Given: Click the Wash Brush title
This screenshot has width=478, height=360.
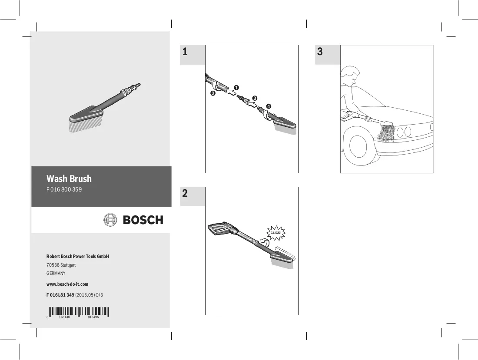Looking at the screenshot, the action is pos(69,178).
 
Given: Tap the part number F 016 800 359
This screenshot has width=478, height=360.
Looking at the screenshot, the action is pos(64,189).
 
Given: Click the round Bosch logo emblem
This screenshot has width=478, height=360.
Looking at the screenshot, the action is pos(110,220).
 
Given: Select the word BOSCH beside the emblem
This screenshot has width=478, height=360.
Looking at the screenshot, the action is pos(143,220).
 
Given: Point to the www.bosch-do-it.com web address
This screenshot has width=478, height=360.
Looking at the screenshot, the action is pos(67,284).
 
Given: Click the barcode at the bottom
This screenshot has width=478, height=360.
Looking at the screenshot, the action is pos(78,312).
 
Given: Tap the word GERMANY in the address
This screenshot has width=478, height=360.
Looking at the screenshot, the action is pos(56,273).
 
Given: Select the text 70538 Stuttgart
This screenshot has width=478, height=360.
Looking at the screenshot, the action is pos(61,265).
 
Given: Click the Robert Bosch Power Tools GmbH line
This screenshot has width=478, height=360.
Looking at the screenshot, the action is pos(77,257).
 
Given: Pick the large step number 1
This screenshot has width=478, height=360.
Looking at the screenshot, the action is pos(185,52).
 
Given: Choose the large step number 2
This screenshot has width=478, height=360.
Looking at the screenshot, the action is pos(185,193).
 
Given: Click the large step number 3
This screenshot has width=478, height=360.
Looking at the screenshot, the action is pos(320,52).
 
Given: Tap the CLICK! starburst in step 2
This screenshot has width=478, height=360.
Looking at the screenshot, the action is pos(276,233).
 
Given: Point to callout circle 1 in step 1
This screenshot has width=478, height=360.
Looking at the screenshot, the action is pos(236,87).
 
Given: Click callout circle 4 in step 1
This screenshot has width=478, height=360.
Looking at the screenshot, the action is pos(269,106).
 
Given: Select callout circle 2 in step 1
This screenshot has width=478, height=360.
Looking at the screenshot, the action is pos(213,93).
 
